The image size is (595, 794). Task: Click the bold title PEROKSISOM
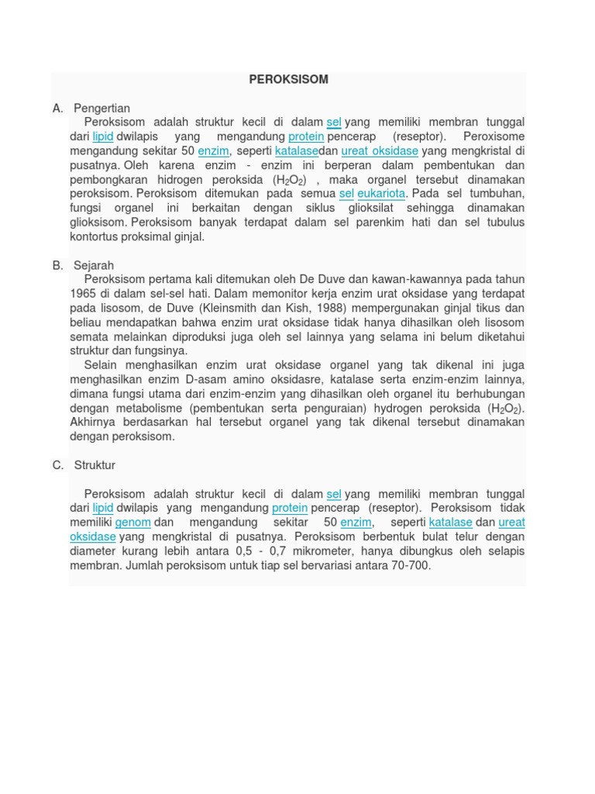pos(288,79)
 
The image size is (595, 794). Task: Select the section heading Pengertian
pos(101,108)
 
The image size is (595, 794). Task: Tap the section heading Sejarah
pos(94,265)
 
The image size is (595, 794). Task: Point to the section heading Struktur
pos(95,465)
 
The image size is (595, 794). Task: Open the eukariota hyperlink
pos(381,193)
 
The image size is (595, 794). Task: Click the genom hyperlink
pos(132,523)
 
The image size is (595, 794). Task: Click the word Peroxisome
pos(494,136)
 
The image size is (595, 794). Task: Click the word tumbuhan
pos(494,193)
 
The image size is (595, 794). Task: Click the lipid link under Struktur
pos(103,508)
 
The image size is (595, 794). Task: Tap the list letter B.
pos(58,265)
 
